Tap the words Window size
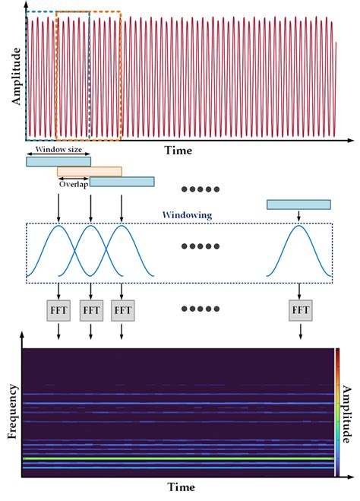pos(58,151)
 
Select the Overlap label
pos(73,184)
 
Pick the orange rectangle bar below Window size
pos(89,172)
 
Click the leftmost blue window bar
pos(58,161)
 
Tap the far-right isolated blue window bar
pos(298,205)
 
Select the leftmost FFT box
pos(58,310)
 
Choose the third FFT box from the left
pos(122,310)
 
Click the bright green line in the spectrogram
pos(178,459)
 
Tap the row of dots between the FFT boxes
pos(201,310)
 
